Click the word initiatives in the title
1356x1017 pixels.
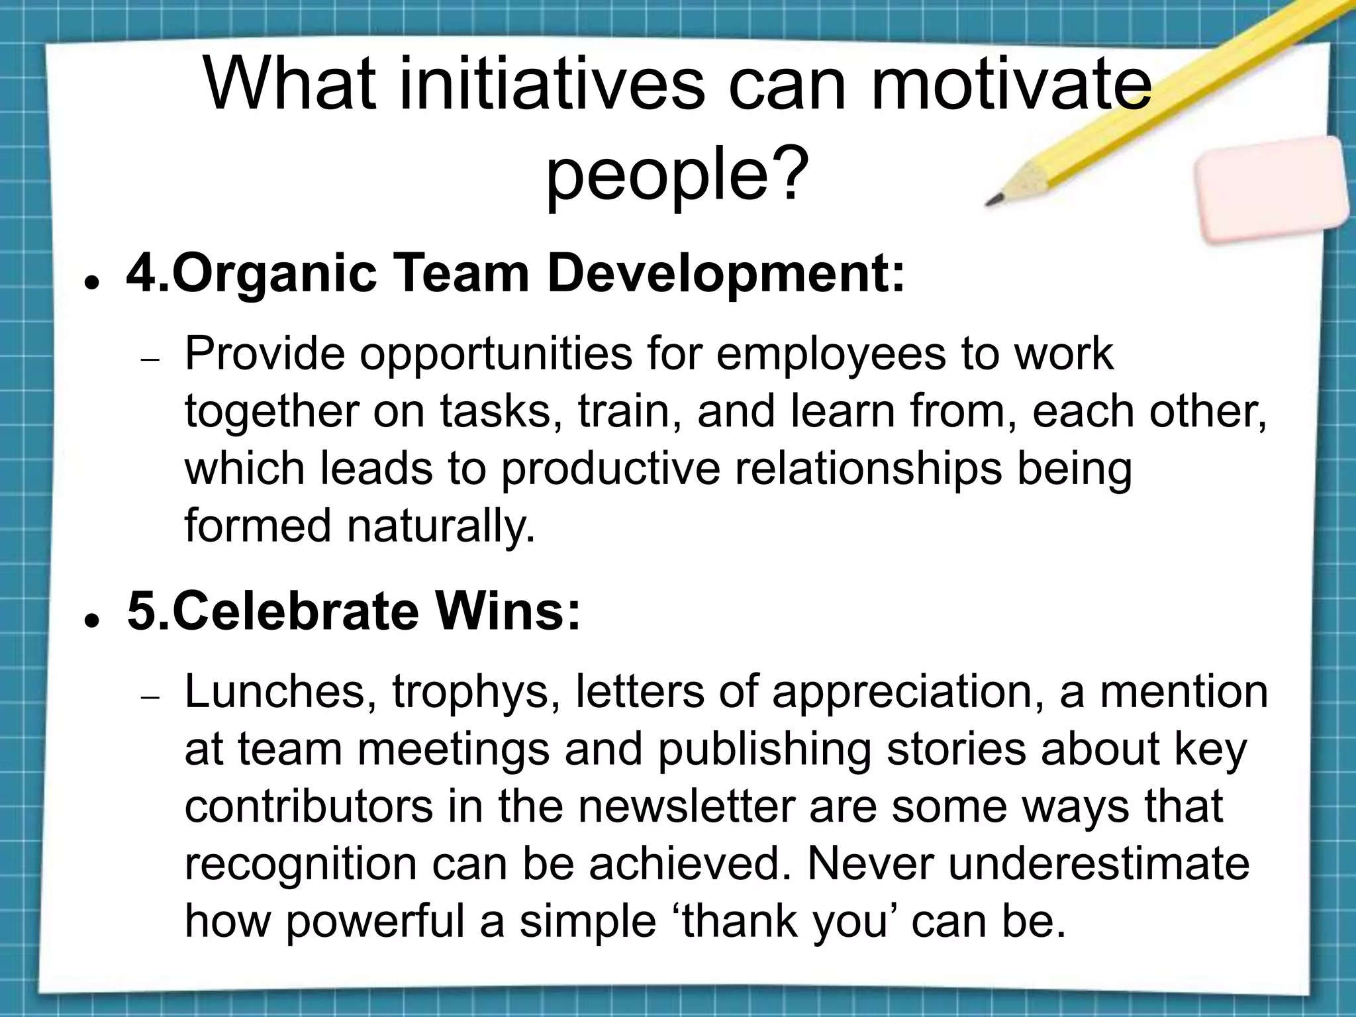[x=552, y=85]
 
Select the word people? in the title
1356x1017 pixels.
[x=677, y=174]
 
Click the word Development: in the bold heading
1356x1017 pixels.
[x=726, y=273]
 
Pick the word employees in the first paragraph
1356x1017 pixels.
[x=831, y=354]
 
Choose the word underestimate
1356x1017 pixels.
[x=1098, y=863]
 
